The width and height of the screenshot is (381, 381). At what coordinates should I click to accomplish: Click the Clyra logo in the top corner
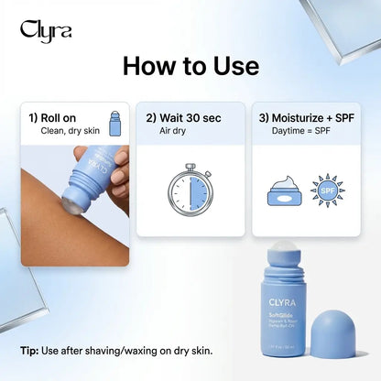click(x=45, y=29)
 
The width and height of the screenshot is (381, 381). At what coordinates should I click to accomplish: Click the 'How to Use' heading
click(x=190, y=66)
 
